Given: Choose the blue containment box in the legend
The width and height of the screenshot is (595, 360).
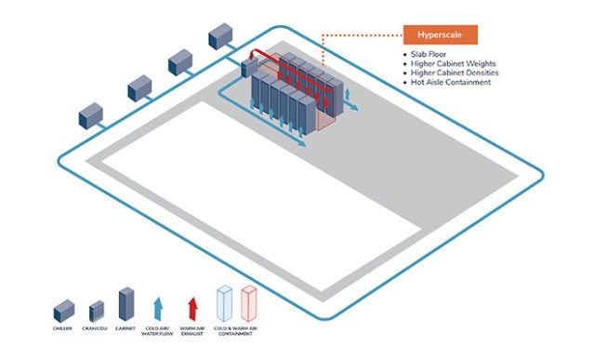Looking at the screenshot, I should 225,303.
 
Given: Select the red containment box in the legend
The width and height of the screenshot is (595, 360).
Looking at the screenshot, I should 246,303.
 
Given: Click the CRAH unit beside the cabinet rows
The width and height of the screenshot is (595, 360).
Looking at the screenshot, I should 250,67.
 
